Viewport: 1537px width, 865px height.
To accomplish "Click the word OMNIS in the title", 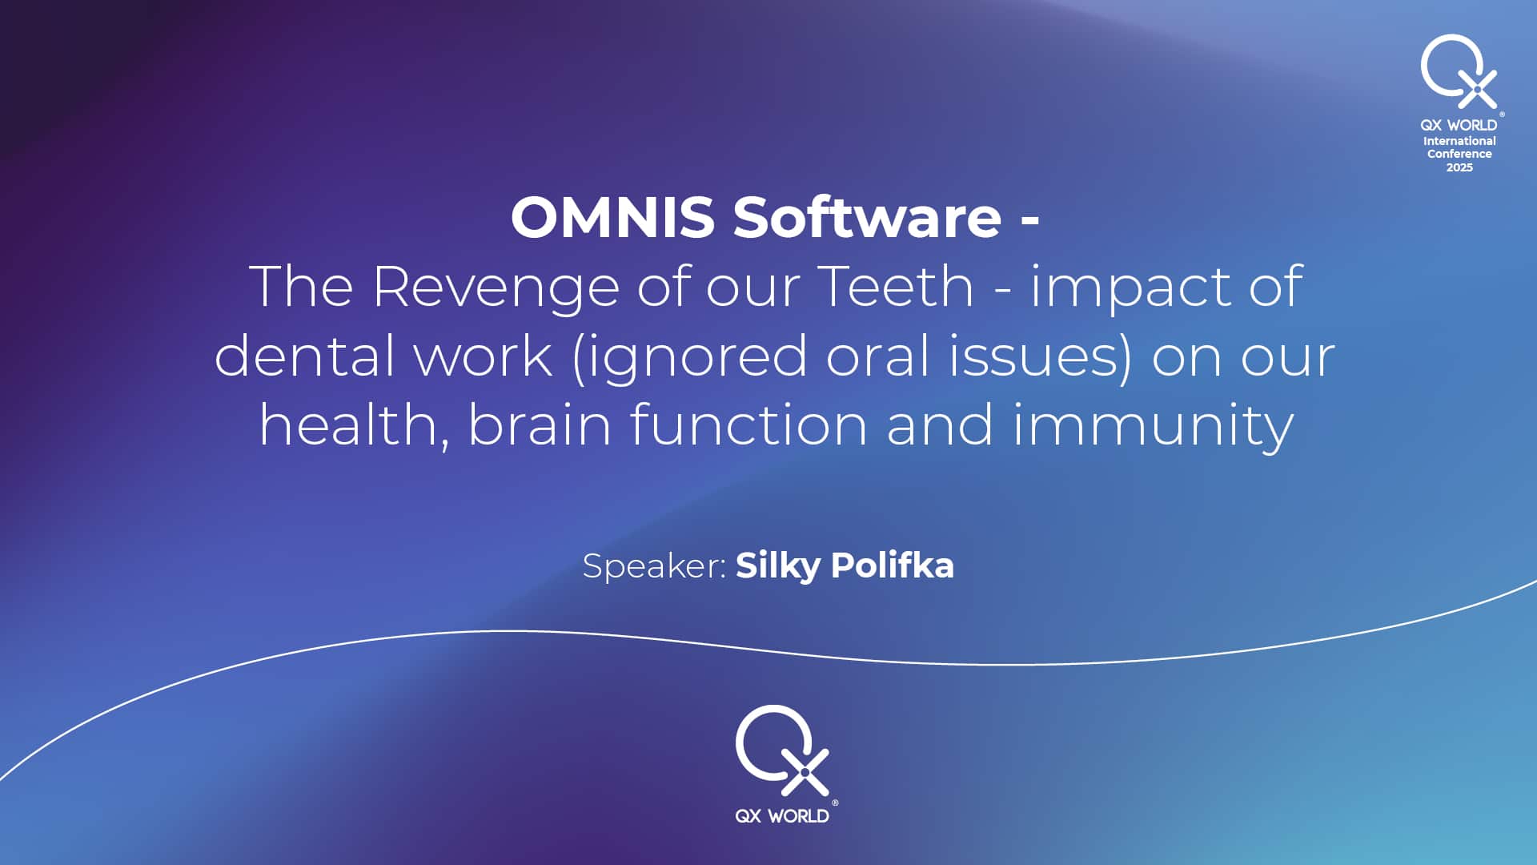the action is [612, 217].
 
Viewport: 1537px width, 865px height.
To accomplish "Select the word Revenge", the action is [496, 288].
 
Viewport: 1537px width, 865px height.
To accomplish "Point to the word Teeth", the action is [896, 286].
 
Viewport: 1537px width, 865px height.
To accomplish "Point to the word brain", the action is [540, 424].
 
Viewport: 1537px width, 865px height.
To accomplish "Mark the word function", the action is [748, 424].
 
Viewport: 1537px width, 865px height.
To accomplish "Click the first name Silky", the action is [777, 566].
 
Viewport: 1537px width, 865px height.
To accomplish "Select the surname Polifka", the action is [893, 565].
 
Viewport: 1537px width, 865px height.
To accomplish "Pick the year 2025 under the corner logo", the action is [1459, 167].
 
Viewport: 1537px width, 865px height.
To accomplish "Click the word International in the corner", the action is [1459, 141].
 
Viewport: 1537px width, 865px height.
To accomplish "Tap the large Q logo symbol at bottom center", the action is [782, 751].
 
